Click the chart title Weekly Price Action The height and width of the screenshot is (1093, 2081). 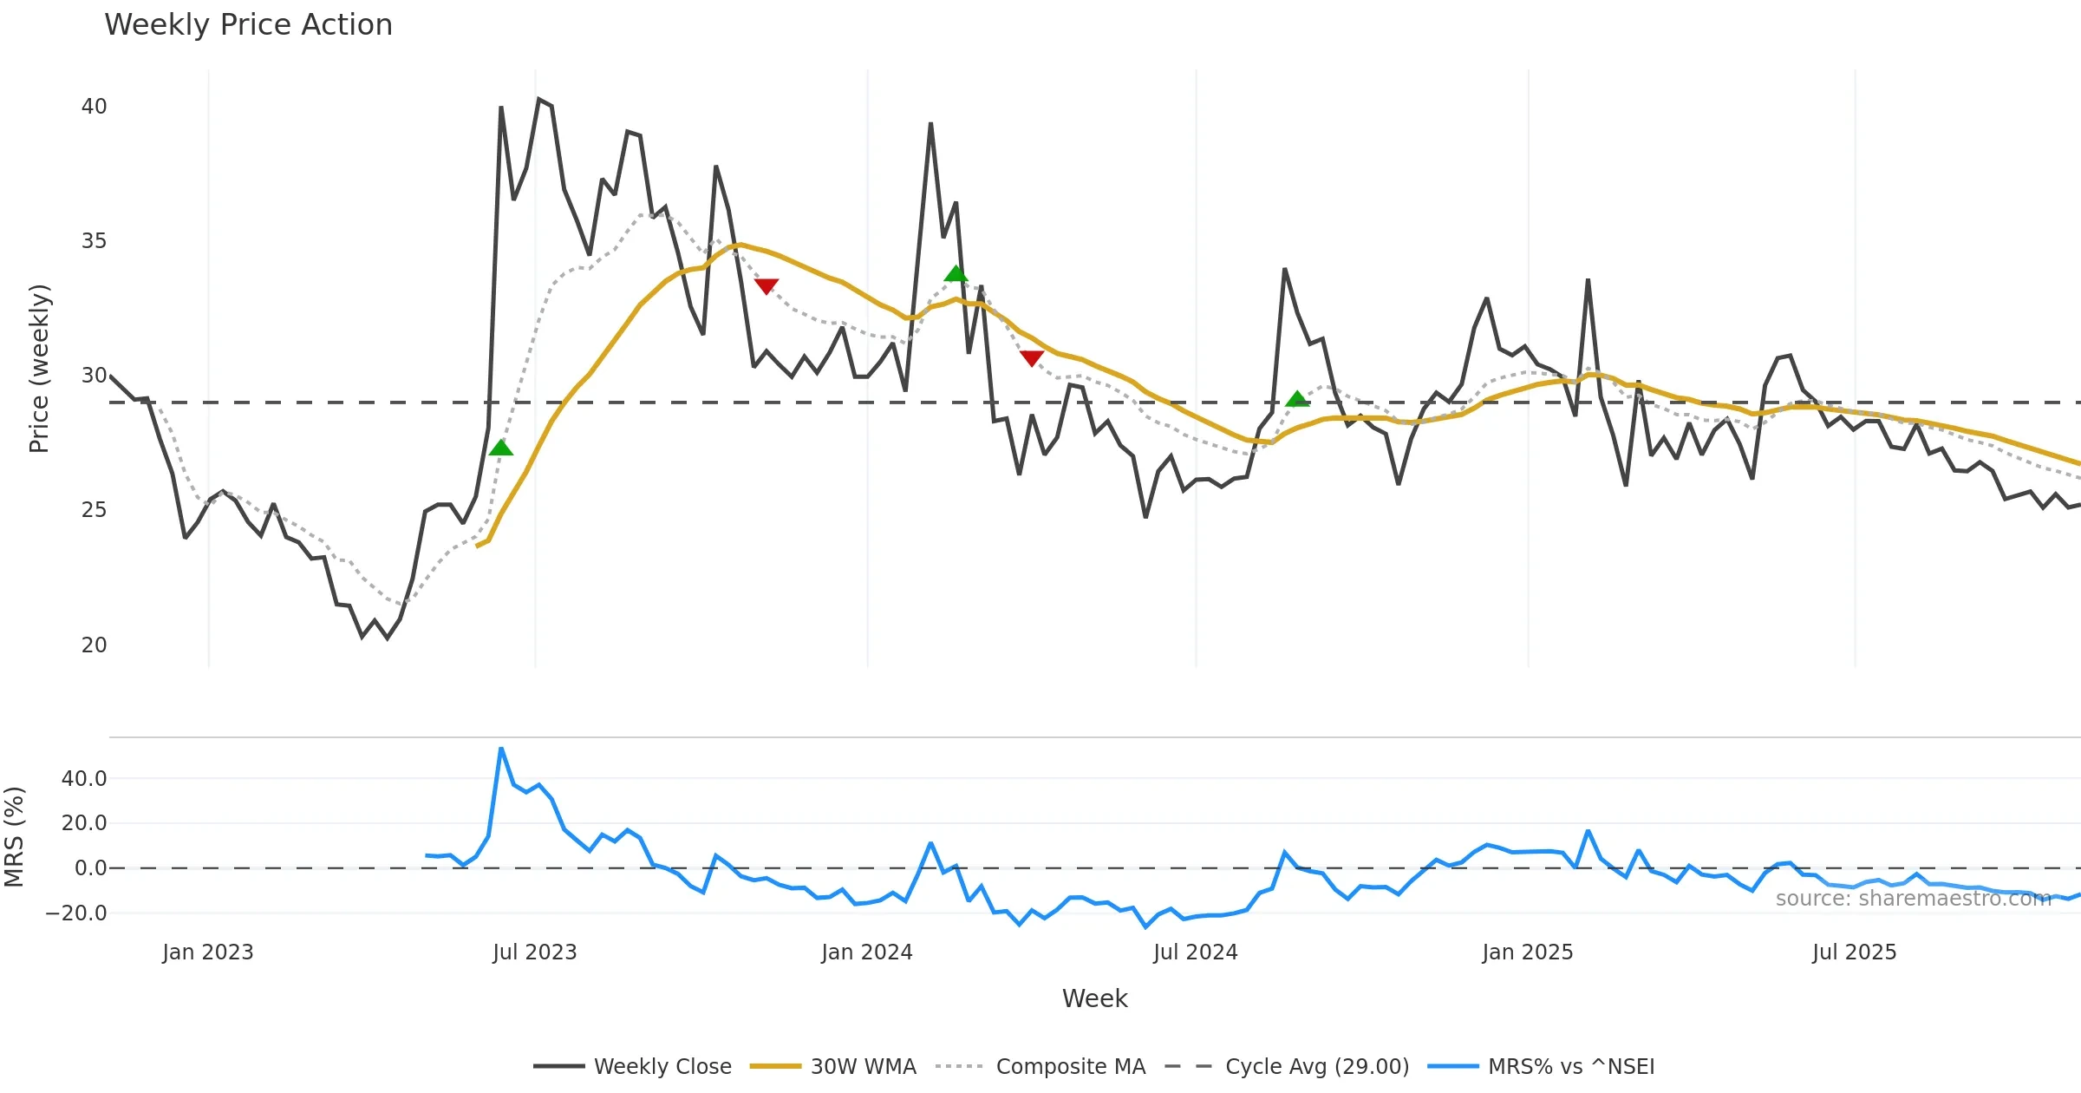pyautogui.click(x=248, y=25)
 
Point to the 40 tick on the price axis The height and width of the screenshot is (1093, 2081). pyautogui.click(x=94, y=107)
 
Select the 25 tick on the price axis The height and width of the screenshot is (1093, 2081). pyautogui.click(x=94, y=510)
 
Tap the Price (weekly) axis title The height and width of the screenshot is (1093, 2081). pyautogui.click(x=39, y=369)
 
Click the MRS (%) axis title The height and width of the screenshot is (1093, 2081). pyautogui.click(x=15, y=837)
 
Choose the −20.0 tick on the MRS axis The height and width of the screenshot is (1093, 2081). pyautogui.click(x=76, y=913)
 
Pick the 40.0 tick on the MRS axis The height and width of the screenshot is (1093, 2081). pyautogui.click(x=84, y=779)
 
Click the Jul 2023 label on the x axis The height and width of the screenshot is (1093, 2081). pyautogui.click(x=534, y=952)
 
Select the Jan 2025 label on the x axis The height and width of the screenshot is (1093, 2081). pyautogui.click(x=1527, y=952)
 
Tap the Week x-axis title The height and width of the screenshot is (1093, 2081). pyautogui.click(x=1094, y=998)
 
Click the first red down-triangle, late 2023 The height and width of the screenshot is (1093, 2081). pyautogui.click(x=767, y=286)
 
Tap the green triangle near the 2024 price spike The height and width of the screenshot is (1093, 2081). pyautogui.click(x=956, y=274)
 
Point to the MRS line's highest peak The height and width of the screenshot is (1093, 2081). pyautogui.click(x=501, y=749)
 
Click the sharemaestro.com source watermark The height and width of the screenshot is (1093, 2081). pyautogui.click(x=1913, y=899)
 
